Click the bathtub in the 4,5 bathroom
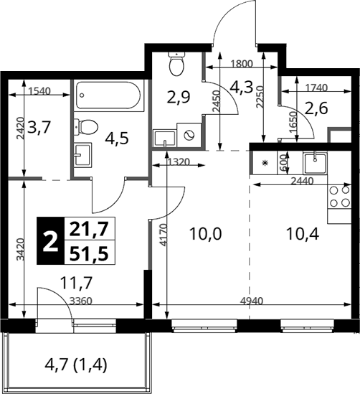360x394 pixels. [x=108, y=95]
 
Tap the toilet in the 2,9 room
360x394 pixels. [x=176, y=64]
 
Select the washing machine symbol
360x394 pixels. [x=189, y=136]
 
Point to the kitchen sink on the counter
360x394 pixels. [x=316, y=163]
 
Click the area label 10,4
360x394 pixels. [x=303, y=235]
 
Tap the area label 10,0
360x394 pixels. [x=206, y=234]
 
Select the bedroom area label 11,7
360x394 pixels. [x=77, y=283]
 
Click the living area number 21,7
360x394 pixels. [x=89, y=229]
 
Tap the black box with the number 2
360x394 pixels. [x=50, y=240]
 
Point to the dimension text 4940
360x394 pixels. [x=252, y=301]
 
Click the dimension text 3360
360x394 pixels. [x=81, y=301]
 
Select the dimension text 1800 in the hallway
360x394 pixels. [x=241, y=65]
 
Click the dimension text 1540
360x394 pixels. [x=40, y=91]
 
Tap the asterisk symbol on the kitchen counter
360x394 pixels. [x=264, y=164]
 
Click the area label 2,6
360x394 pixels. [x=317, y=108]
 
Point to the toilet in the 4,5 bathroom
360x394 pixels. [x=86, y=126]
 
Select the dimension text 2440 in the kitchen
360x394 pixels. [x=302, y=181]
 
